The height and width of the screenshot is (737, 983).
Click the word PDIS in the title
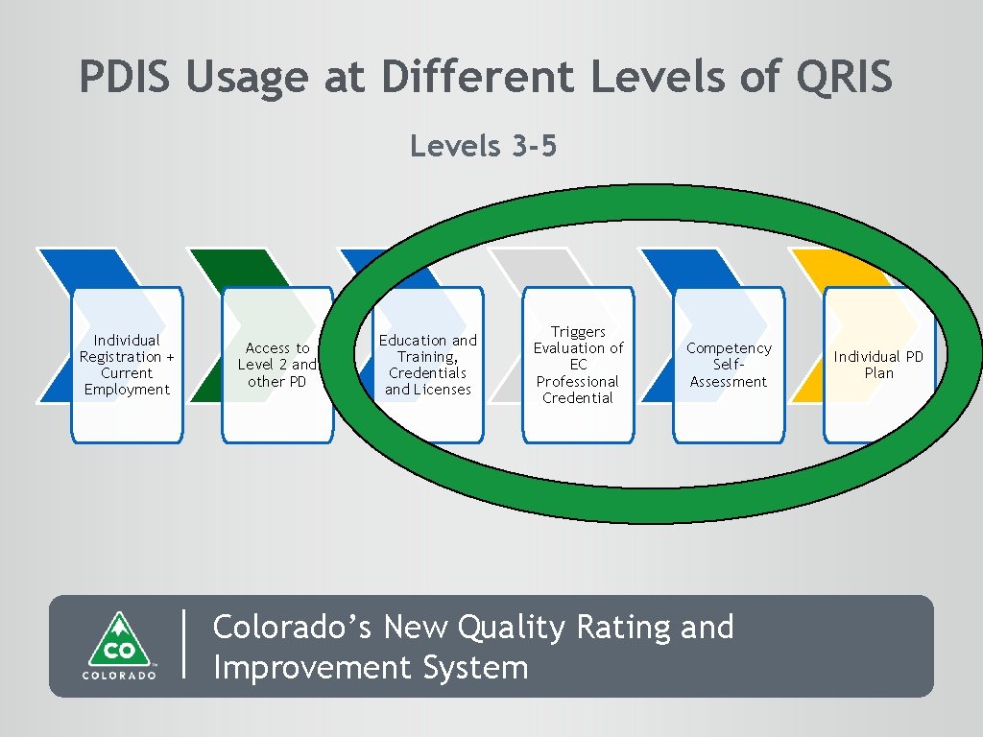[127, 77]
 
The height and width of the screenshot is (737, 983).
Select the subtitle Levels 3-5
[483, 146]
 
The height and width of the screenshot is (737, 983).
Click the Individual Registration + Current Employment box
[127, 365]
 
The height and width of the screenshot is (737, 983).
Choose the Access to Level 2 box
[276, 365]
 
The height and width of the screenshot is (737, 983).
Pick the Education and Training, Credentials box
[427, 365]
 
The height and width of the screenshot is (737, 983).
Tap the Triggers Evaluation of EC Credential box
[578, 365]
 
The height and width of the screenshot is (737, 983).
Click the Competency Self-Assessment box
[729, 365]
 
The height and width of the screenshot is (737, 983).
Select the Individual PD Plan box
[878, 365]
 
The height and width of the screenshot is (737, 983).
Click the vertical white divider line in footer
[183, 645]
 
